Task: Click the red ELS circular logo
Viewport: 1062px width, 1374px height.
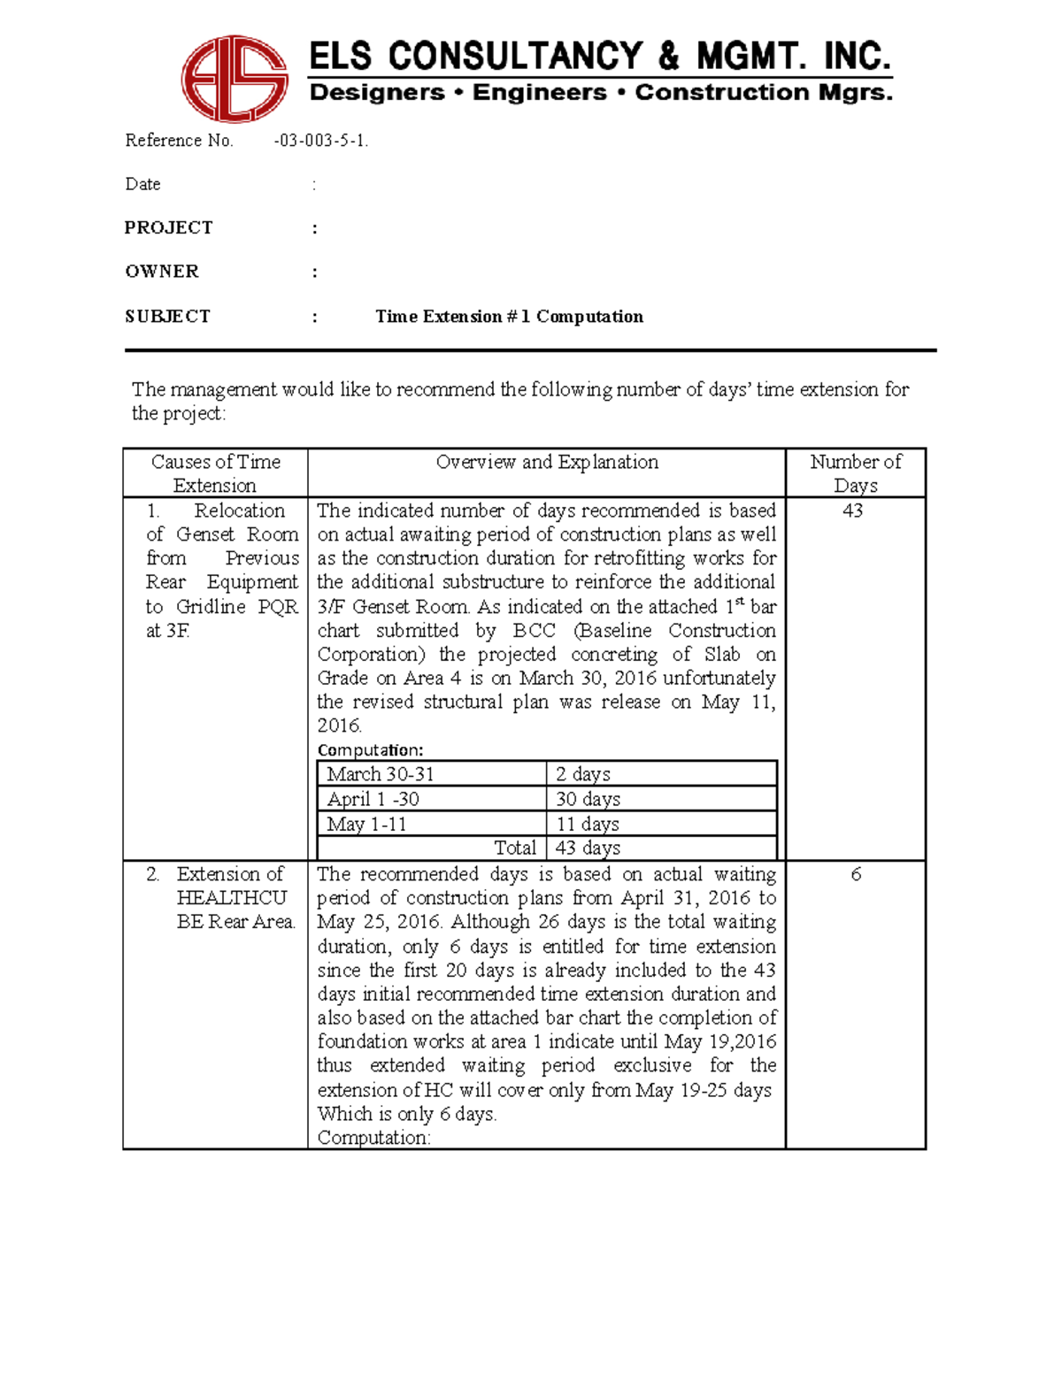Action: click(235, 79)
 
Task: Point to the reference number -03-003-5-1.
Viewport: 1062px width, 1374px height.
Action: click(320, 141)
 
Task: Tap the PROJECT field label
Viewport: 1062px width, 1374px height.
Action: click(168, 227)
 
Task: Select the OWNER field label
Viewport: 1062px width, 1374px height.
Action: click(162, 272)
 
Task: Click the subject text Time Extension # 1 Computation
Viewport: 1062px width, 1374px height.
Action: click(509, 317)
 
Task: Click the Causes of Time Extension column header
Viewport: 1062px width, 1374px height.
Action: click(215, 473)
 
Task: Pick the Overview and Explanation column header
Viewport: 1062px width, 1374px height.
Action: click(547, 462)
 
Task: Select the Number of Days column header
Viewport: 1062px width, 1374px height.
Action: click(855, 473)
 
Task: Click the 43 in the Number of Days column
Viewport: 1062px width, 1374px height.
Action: click(852, 510)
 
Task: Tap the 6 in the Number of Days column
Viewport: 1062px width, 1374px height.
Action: click(855, 874)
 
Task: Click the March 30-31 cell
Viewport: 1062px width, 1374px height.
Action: click(381, 774)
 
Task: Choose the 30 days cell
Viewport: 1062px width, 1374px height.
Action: click(588, 799)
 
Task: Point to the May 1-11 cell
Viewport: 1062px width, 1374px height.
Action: click(366, 824)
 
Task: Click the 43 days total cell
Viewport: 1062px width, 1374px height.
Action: click(588, 848)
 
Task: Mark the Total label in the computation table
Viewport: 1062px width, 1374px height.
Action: click(514, 848)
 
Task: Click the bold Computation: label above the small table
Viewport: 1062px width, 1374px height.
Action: click(370, 750)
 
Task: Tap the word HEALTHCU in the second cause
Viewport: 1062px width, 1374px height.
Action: click(231, 898)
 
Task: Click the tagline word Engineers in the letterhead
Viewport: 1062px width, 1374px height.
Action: click(539, 93)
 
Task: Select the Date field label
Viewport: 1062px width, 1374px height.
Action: click(142, 184)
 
